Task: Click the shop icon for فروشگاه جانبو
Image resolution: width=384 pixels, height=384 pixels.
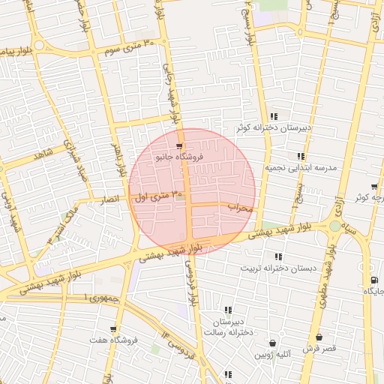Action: (178, 146)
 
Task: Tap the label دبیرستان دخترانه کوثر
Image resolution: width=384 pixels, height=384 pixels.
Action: (263, 128)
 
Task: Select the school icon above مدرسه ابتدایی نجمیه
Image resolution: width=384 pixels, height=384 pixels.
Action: (301, 156)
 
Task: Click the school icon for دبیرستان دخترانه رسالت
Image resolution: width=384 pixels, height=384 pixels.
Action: (228, 310)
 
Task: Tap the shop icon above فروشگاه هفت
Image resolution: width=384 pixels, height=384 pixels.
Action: (113, 328)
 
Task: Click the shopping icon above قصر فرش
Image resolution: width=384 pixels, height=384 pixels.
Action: (319, 337)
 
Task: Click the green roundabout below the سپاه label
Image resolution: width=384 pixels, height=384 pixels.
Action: (334, 226)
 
